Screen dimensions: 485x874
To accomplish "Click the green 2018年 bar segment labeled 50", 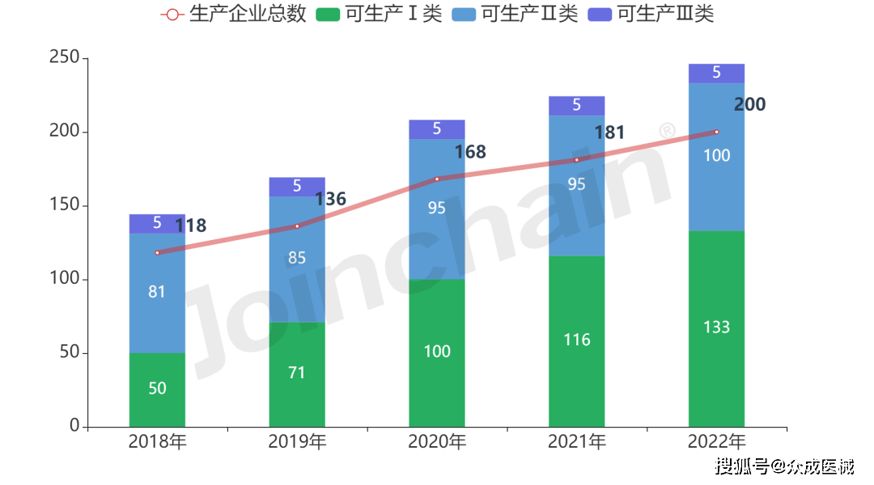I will click(157, 390).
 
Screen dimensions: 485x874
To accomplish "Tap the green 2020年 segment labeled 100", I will click(437, 352).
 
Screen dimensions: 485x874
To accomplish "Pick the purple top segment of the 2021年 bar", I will click(577, 105).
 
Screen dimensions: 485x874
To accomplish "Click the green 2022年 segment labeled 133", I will click(716, 328).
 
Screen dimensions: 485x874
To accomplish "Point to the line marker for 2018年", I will click(158, 253).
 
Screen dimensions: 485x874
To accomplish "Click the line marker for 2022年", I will click(716, 132).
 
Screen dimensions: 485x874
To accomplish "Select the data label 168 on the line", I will click(470, 152).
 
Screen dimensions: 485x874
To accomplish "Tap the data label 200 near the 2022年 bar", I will click(749, 104).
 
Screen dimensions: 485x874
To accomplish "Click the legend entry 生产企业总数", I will click(234, 15).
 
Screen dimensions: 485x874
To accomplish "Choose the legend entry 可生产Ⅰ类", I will click(380, 15).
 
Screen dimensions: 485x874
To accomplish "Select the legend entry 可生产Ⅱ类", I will click(515, 15).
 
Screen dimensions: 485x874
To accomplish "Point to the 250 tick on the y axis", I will click(63, 58).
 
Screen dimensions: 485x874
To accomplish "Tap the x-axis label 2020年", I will click(437, 442).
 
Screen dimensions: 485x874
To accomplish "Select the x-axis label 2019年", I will click(297, 442).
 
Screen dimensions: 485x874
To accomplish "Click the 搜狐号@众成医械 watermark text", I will click(783, 465).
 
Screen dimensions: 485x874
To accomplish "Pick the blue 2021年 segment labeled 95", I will click(577, 184).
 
